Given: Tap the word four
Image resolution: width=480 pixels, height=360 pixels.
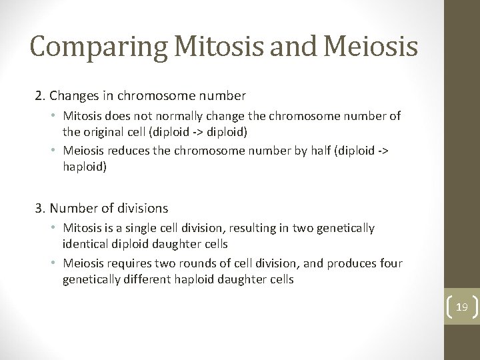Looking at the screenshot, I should point(391,264).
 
